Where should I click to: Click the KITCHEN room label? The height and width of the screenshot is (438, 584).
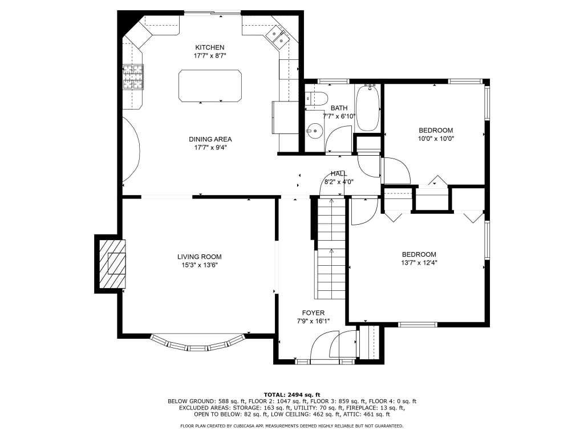pyautogui.click(x=210, y=47)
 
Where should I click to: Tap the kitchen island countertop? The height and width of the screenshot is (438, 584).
pyautogui.click(x=210, y=86)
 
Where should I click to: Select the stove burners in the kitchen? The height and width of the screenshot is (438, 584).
pyautogui.click(x=133, y=77)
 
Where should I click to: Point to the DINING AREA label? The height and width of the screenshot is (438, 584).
pyautogui.click(x=210, y=139)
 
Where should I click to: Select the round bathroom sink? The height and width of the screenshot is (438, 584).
pyautogui.click(x=315, y=131)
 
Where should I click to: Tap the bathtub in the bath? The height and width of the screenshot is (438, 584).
pyautogui.click(x=368, y=108)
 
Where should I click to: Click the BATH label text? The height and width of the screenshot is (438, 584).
pyautogui.click(x=339, y=108)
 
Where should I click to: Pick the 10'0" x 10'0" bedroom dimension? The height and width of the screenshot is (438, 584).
pyautogui.click(x=436, y=139)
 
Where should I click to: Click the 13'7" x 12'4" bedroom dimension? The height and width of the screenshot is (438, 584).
pyautogui.click(x=419, y=262)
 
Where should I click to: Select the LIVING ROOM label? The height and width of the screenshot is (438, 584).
pyautogui.click(x=199, y=257)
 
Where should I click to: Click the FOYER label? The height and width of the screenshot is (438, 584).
pyautogui.click(x=313, y=313)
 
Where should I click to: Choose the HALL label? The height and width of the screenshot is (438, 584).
pyautogui.click(x=339, y=173)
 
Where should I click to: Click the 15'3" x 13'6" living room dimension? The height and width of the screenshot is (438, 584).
pyautogui.click(x=199, y=265)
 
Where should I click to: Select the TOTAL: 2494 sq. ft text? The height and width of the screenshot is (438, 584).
pyautogui.click(x=292, y=395)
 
